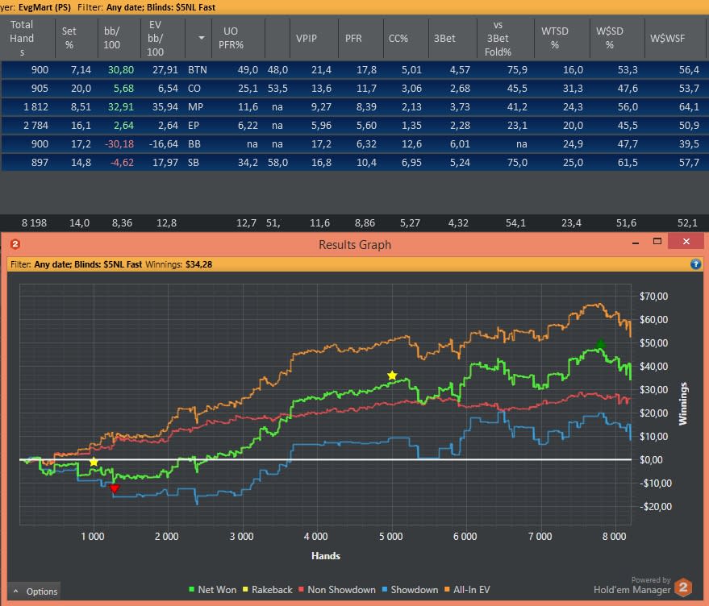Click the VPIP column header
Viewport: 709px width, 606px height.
(307, 39)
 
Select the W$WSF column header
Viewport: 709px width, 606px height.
(667, 39)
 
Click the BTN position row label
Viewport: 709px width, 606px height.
(197, 70)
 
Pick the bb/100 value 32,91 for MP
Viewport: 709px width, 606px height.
(121, 107)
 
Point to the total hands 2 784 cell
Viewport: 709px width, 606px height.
(35, 126)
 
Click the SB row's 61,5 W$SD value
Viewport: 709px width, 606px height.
(628, 163)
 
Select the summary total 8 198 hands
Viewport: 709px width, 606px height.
(34, 223)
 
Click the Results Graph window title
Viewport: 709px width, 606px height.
(355, 244)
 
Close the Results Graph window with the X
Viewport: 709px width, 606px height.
(686, 241)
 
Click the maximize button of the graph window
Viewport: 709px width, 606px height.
(657, 241)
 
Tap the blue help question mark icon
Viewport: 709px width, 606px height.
(695, 264)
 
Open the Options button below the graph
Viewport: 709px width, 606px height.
(35, 591)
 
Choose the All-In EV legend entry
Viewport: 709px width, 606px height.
(467, 590)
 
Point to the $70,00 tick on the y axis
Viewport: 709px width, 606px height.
(653, 297)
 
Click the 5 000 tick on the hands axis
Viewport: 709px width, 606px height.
(390, 537)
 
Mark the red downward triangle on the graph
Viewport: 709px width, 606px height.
(115, 488)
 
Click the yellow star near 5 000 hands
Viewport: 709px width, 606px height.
(392, 376)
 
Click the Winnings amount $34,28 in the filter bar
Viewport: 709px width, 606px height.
(198, 264)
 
